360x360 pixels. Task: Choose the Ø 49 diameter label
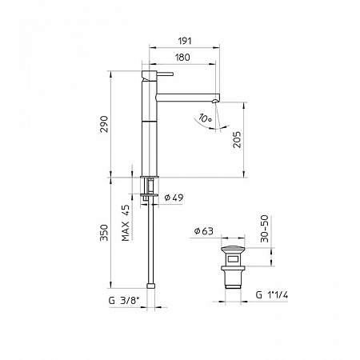pos(174,197)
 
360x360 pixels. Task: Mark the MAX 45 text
pos(126,221)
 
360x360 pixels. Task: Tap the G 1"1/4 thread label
pos(273,294)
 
